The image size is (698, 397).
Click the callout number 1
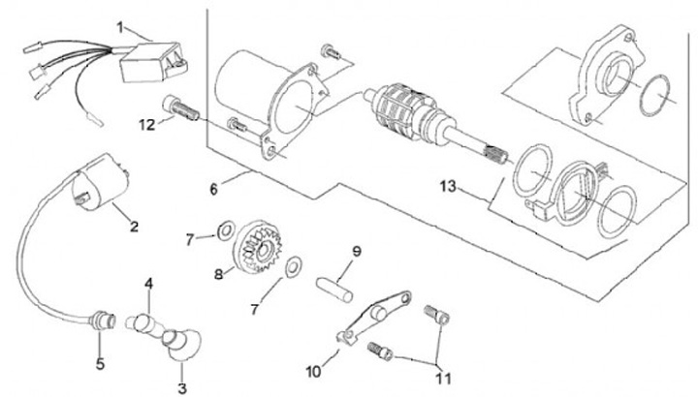121,26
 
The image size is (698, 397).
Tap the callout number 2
134,227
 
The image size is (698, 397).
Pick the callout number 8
218,274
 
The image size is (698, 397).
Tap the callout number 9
357,252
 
